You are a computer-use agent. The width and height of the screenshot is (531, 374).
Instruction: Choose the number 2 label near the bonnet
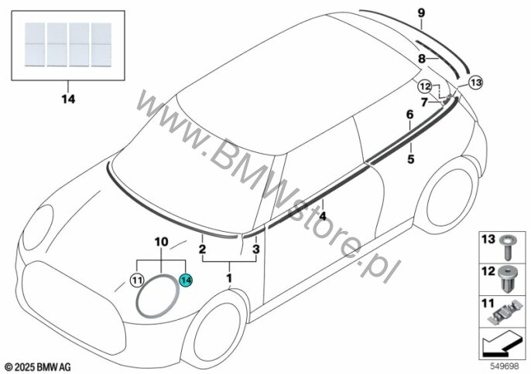202,250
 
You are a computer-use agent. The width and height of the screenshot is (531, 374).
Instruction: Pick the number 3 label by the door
256,250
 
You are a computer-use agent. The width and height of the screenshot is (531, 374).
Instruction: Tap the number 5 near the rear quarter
410,159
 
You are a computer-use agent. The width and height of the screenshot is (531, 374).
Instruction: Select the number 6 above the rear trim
410,114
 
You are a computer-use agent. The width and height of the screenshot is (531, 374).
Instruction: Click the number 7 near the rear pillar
423,101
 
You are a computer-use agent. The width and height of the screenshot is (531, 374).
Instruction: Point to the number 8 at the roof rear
422,58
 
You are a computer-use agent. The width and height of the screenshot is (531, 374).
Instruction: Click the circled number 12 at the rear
424,86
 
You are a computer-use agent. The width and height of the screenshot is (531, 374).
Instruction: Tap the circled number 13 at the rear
474,80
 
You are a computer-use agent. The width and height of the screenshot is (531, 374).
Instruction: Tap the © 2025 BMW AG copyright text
37,364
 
